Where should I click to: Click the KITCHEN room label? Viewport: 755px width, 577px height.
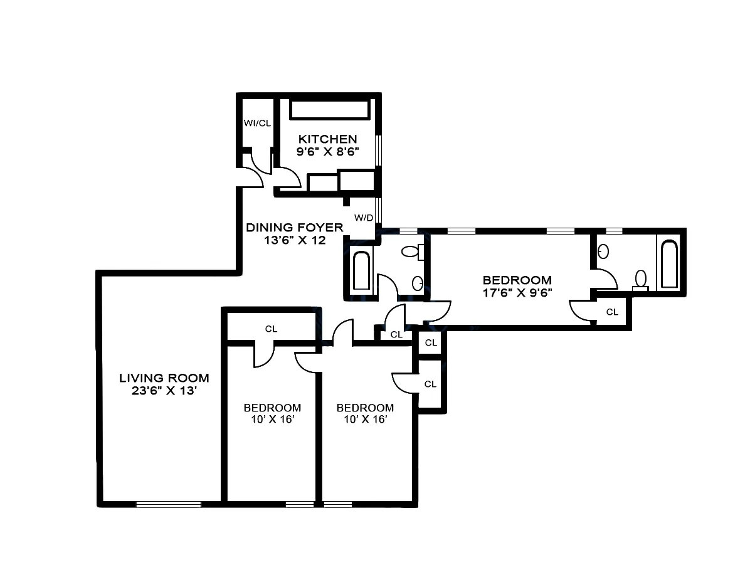(x=327, y=139)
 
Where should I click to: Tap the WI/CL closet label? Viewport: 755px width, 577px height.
(x=257, y=123)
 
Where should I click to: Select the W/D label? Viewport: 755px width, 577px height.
(x=364, y=218)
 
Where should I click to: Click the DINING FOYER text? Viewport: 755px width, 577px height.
(x=294, y=227)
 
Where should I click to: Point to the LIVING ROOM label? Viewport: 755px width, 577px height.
(x=164, y=378)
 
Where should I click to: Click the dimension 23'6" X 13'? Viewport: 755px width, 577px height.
(x=164, y=391)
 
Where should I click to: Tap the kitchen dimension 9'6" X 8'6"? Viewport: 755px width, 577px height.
(x=327, y=152)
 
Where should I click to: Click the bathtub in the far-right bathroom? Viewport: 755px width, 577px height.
(x=669, y=264)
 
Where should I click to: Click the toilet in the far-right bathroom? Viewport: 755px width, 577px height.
(x=641, y=278)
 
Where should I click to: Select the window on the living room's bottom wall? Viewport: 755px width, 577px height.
(x=168, y=504)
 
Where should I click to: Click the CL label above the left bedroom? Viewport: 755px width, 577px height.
(x=271, y=329)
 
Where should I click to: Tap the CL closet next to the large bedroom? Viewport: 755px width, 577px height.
(x=612, y=312)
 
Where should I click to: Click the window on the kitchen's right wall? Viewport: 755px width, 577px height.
(x=378, y=151)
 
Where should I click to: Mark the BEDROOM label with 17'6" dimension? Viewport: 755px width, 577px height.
(x=517, y=280)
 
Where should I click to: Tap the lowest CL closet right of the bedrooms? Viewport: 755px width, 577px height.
(x=430, y=384)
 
